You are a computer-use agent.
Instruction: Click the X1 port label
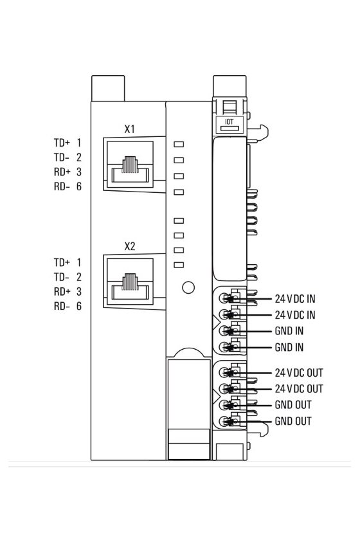click(x=129, y=129)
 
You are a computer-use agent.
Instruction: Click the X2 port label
click(x=129, y=247)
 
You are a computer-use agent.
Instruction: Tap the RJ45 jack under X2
click(x=130, y=282)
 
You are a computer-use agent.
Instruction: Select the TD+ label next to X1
click(x=62, y=143)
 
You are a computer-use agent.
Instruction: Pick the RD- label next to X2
click(x=62, y=306)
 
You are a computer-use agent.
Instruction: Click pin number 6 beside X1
click(x=79, y=186)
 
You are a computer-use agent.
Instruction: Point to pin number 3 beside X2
click(x=79, y=292)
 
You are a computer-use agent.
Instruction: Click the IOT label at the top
click(x=229, y=122)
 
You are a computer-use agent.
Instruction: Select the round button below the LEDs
click(x=188, y=287)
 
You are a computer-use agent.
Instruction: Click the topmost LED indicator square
click(x=179, y=144)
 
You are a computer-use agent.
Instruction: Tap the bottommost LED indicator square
click(x=179, y=265)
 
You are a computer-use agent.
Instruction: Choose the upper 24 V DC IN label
click(x=295, y=299)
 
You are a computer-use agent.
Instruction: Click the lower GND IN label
click(x=289, y=348)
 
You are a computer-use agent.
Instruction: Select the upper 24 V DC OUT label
click(x=299, y=373)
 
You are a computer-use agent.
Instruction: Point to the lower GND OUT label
click(x=293, y=421)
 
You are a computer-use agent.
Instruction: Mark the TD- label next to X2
click(x=62, y=277)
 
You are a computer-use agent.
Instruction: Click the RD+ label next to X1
click(x=62, y=172)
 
